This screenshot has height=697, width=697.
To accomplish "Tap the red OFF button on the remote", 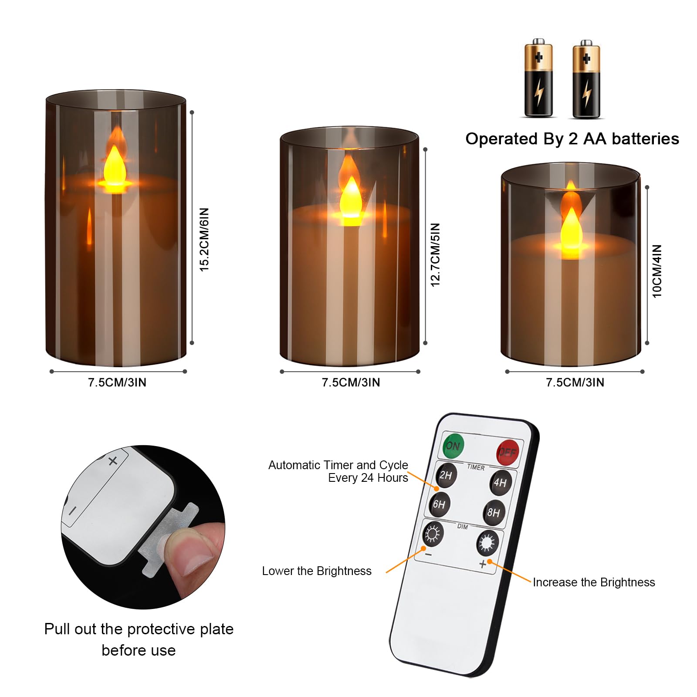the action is click(x=508, y=452).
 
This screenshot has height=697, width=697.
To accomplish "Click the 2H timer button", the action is click(x=445, y=475).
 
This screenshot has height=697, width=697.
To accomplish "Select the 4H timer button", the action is click(x=500, y=482).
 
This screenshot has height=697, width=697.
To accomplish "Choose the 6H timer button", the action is click(x=439, y=504).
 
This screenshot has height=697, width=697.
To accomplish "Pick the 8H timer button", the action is click(x=494, y=512).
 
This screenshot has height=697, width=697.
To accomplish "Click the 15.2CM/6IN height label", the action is click(x=204, y=240).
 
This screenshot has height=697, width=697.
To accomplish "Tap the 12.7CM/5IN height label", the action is click(x=435, y=254).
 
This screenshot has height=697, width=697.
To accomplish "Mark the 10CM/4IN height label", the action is click(x=656, y=271).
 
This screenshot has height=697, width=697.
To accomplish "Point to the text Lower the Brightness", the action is click(x=317, y=571).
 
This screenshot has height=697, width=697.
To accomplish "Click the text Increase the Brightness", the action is click(x=594, y=582).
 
